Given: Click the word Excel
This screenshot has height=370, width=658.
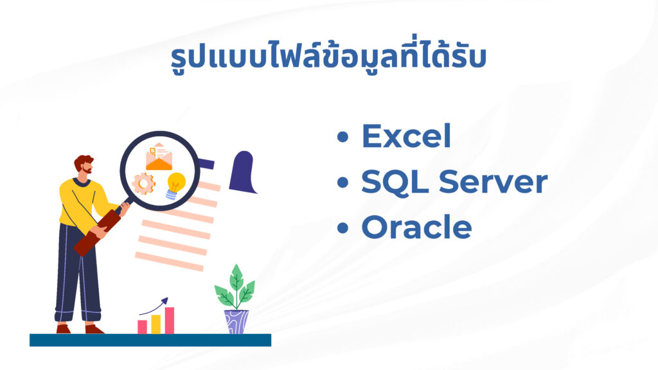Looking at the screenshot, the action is click(x=406, y=136).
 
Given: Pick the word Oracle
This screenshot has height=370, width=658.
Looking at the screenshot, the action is click(x=416, y=227).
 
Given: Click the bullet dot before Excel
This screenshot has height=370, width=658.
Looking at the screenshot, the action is click(x=343, y=137).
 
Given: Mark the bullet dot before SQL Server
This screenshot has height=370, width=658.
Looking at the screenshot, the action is click(x=343, y=182).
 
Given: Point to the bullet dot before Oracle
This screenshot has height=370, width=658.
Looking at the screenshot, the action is click(x=343, y=228).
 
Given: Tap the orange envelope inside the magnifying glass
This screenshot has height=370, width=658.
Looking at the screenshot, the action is click(x=159, y=157).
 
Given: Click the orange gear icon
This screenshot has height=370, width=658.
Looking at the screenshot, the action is click(x=143, y=184).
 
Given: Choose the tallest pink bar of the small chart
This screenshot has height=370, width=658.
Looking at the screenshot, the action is click(x=170, y=321).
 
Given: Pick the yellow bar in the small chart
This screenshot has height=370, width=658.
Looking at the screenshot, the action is click(x=156, y=324).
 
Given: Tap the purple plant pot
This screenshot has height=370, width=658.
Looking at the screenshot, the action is click(x=236, y=322).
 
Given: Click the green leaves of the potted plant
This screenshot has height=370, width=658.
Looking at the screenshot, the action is click(x=235, y=287).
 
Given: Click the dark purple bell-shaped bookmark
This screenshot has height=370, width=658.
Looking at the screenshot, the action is click(x=243, y=172).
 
